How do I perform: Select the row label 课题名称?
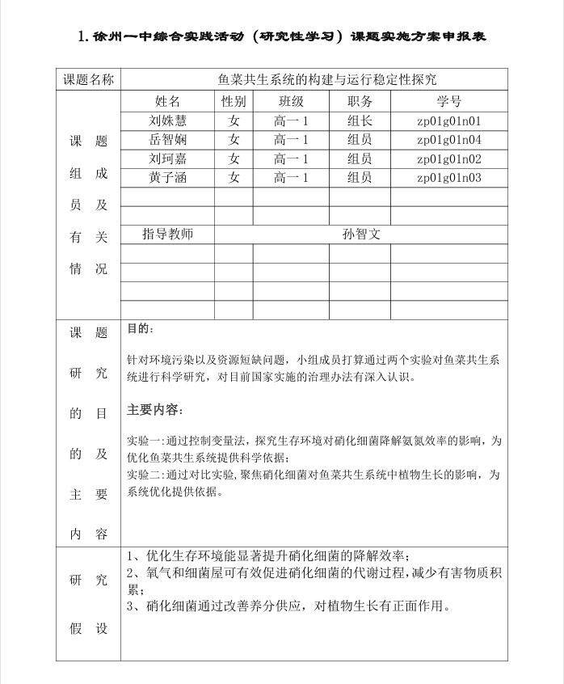coord(88,79)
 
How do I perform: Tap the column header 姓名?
coord(167,102)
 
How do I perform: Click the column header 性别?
coord(234,102)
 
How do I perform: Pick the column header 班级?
coord(291,102)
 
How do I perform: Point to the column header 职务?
coord(360,102)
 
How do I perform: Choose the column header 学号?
coord(449,102)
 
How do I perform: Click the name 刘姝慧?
coord(167,121)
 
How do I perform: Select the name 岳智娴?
coord(167,140)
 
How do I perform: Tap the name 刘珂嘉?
coord(167,158)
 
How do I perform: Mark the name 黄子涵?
coord(167,177)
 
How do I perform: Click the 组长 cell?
coord(360,121)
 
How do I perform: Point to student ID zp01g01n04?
coord(449,140)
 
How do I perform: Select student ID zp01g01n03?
coord(449,178)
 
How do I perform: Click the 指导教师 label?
coord(167,234)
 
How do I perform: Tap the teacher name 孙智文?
coord(360,234)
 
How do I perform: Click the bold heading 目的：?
coord(139,330)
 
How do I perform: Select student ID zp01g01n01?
coord(449,121)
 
